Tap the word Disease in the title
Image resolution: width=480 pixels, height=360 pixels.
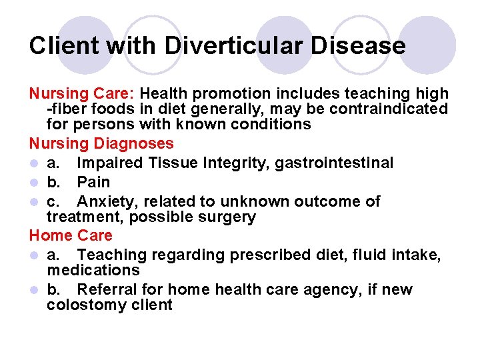click(x=355, y=45)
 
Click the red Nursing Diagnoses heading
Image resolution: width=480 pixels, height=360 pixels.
click(x=101, y=143)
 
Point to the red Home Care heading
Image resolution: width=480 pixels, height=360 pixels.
click(x=71, y=235)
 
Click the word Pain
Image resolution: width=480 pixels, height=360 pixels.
click(x=93, y=182)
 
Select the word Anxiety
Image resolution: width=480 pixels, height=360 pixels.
click(x=104, y=201)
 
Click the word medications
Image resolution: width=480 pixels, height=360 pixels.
click(x=93, y=270)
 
